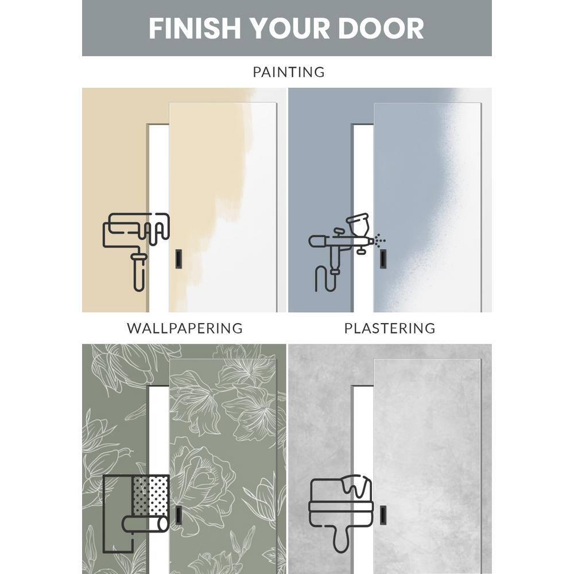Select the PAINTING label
click(x=289, y=72)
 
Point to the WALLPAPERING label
click(x=185, y=328)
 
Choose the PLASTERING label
click(x=390, y=328)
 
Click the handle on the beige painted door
click(x=178, y=259)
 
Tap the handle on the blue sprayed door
click(x=382, y=259)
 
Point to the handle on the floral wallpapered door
click(x=179, y=515)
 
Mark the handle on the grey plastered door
click(x=383, y=515)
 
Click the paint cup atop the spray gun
click(x=360, y=222)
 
